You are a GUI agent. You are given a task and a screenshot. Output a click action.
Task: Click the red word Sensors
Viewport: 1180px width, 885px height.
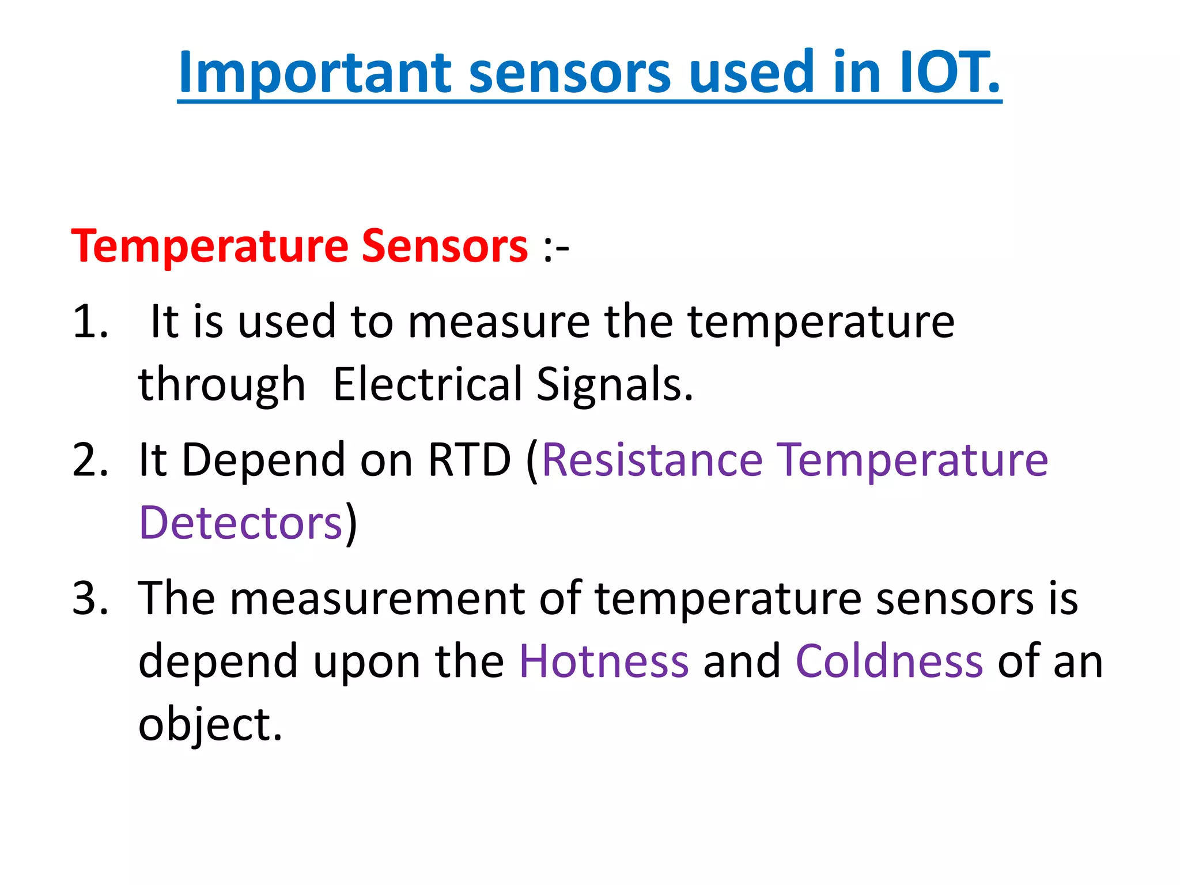pyautogui.click(x=444, y=246)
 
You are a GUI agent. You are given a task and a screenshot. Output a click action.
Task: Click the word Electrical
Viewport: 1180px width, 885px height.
pyautogui.click(x=428, y=384)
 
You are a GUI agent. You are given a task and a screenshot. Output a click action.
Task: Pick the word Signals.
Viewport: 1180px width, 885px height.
pyautogui.click(x=614, y=384)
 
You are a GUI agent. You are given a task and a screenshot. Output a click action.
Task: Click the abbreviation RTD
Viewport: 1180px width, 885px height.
pyautogui.click(x=469, y=460)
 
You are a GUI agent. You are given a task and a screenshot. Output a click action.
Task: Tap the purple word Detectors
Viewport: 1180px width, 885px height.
pyautogui.click(x=241, y=523)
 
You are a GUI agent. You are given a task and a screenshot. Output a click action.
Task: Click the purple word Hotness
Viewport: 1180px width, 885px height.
pyautogui.click(x=604, y=661)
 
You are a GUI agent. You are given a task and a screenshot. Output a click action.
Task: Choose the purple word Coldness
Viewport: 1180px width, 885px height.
pyautogui.click(x=889, y=661)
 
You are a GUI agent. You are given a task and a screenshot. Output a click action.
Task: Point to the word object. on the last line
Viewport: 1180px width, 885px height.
pyautogui.click(x=210, y=725)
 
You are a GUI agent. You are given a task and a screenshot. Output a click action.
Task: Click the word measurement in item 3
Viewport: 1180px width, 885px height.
pyautogui.click(x=377, y=598)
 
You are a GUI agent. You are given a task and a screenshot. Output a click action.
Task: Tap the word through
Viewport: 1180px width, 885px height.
pyautogui.click(x=222, y=384)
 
